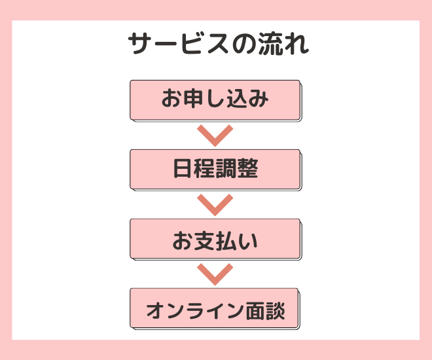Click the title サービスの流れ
point(216,45)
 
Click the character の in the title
point(246,45)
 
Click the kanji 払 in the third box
point(226,240)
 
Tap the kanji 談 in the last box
point(275,308)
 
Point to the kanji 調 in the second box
point(226,169)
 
